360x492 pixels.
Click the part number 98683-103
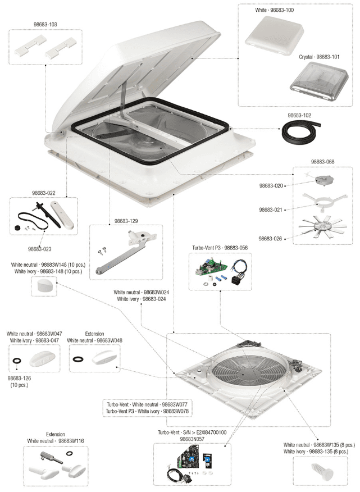pos(45,25)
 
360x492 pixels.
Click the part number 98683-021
pos(272,209)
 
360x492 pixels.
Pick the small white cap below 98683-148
pos(43,287)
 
